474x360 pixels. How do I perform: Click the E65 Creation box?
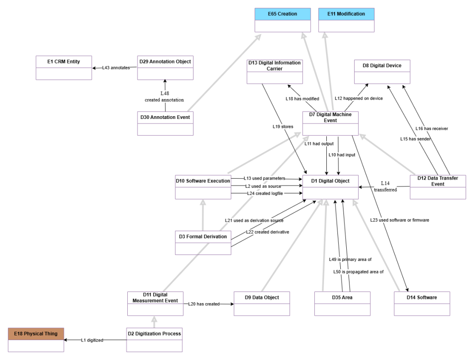(282, 20)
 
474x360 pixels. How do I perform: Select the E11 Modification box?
(346, 20)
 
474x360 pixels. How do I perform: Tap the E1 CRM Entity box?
(64, 68)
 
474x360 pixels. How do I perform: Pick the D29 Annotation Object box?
(165, 68)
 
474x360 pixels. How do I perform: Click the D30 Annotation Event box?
(165, 123)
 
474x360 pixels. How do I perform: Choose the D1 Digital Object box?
(331, 186)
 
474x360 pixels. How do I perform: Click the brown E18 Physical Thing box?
(36, 339)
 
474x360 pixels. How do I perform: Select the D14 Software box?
(422, 303)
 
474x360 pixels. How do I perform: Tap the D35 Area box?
(342, 303)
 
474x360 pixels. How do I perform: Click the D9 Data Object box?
(262, 303)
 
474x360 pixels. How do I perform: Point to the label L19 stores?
(283, 126)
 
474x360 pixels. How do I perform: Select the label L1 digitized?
(92, 340)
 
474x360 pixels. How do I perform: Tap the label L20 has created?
(203, 304)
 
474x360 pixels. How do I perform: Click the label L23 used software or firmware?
(399, 220)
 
